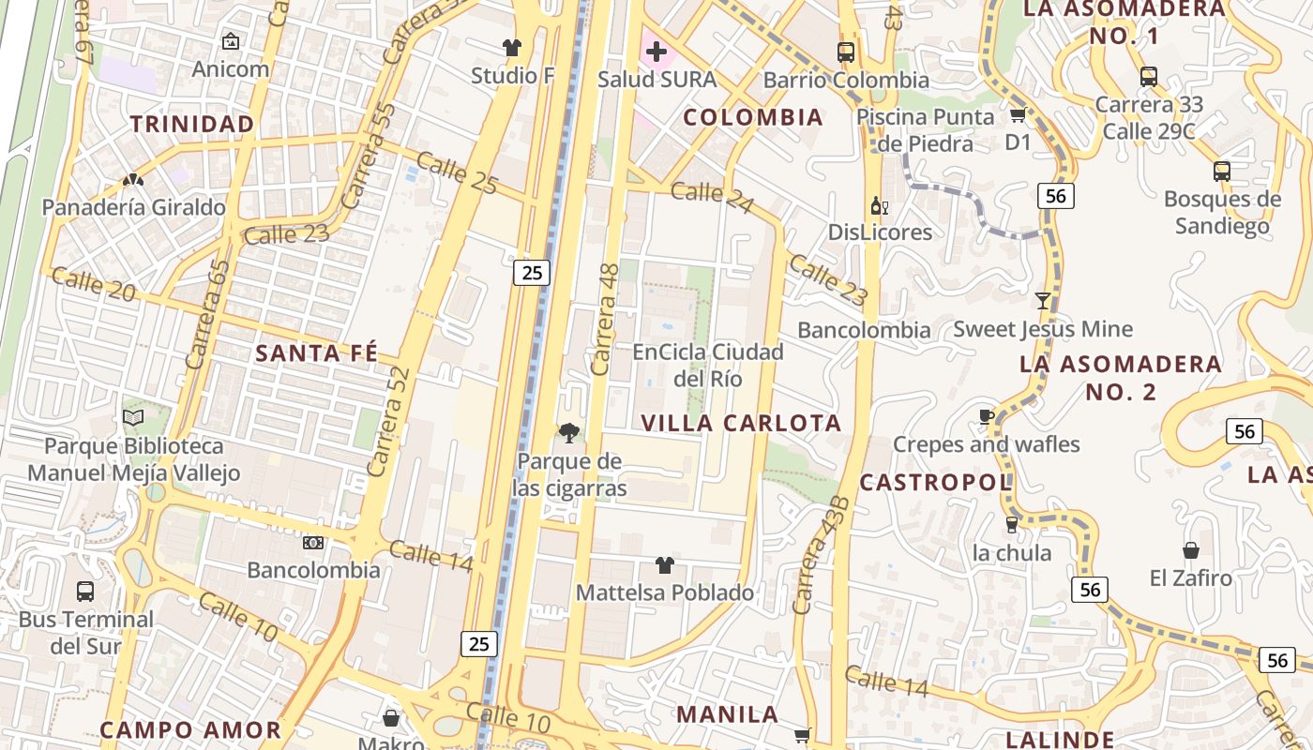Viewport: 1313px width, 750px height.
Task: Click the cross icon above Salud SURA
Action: (x=656, y=51)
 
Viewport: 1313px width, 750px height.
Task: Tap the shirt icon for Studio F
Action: (x=511, y=47)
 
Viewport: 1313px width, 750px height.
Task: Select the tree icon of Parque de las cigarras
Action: (x=567, y=432)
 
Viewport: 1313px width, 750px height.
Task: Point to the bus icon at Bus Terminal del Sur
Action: (x=85, y=591)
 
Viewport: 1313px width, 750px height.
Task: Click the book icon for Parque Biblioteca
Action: (x=133, y=417)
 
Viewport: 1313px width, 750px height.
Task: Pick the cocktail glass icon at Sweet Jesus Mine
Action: (x=1042, y=300)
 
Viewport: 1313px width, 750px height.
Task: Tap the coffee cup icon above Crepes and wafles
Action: (x=986, y=416)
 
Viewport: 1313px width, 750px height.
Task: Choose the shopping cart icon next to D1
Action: (x=1018, y=115)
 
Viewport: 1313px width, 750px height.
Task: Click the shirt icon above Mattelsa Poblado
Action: (x=664, y=564)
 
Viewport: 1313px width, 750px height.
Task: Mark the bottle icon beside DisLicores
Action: (x=879, y=205)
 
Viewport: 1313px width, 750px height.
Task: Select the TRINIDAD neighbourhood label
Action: (x=192, y=124)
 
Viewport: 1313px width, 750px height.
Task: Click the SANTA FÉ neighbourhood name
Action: (x=317, y=353)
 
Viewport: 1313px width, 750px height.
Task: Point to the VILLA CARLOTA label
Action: (x=741, y=423)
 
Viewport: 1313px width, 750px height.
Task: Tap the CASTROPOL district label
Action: (x=935, y=483)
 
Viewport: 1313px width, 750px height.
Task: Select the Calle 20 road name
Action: (x=94, y=284)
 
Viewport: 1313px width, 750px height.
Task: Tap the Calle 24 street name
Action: (x=712, y=197)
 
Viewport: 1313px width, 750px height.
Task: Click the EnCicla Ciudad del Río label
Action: (x=708, y=365)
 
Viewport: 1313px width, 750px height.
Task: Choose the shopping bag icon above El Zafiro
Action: (x=1190, y=549)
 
